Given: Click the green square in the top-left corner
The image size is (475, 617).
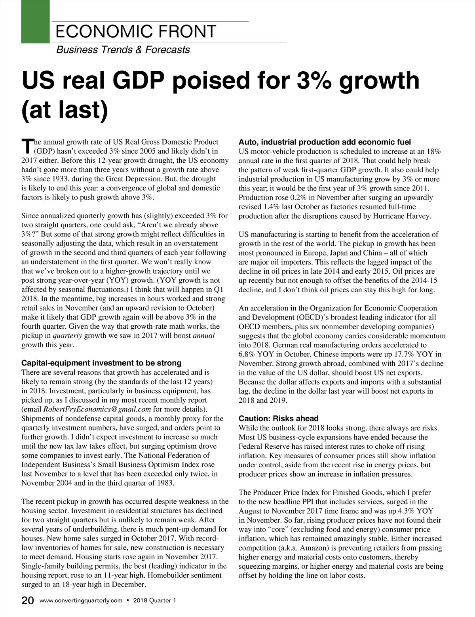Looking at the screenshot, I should [x=35, y=21].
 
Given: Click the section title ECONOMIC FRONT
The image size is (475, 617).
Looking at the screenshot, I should [x=136, y=32].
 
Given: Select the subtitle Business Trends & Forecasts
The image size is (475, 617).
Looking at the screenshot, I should [x=123, y=50].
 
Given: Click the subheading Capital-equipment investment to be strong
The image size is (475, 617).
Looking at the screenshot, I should [x=101, y=363].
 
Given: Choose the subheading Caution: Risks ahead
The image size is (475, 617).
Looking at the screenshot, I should [x=279, y=419].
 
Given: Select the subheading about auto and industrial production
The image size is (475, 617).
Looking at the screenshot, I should [x=325, y=142].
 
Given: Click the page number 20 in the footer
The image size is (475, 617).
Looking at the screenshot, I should [x=28, y=601].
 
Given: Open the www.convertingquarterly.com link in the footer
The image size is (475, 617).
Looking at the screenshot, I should [x=81, y=601].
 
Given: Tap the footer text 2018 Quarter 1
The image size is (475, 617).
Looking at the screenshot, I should [x=155, y=601].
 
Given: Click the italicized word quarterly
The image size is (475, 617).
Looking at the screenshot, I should [x=68, y=336].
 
